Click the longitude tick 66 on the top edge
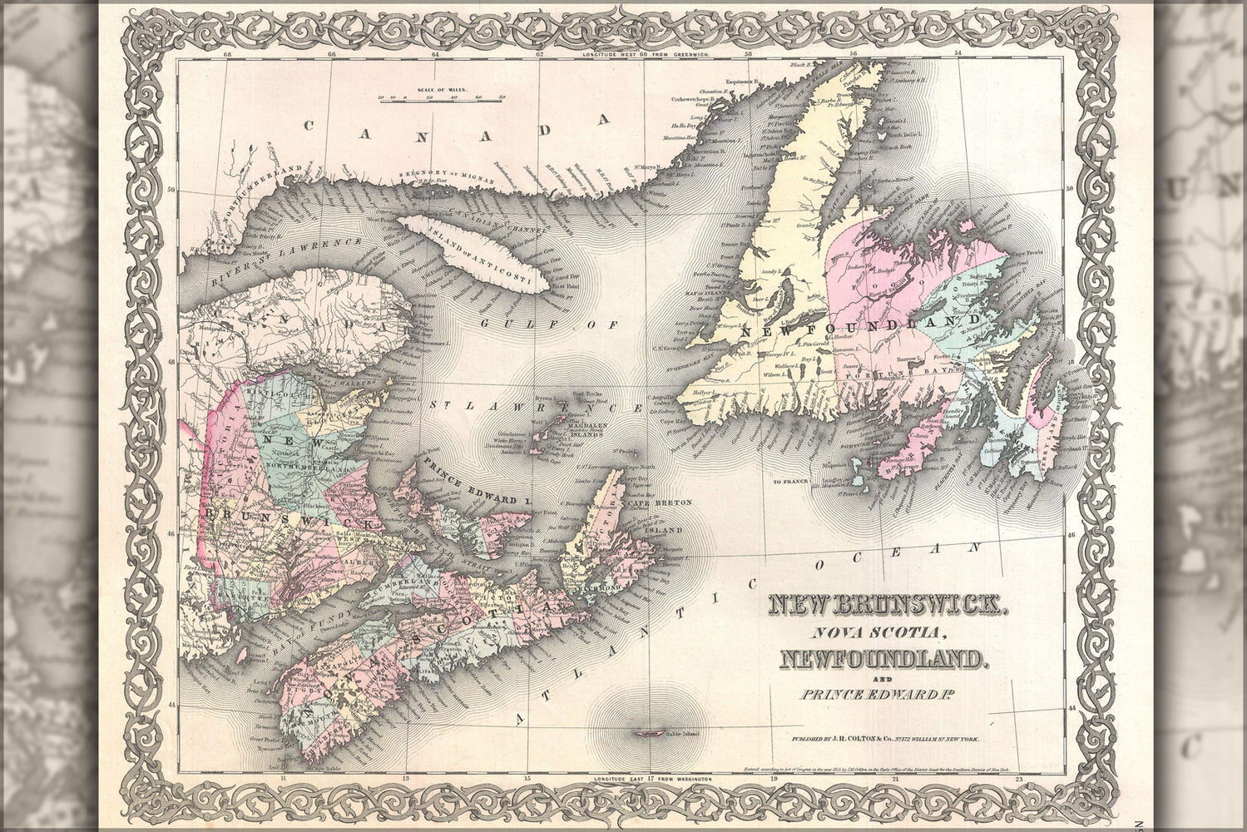point(332,55)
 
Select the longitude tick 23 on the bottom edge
point(1020,779)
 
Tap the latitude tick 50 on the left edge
point(172,189)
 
